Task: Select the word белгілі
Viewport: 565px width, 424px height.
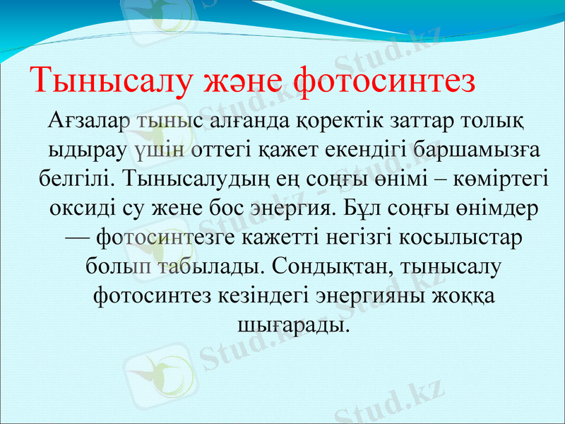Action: coord(76,179)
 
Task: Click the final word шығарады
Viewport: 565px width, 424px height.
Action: coord(290,324)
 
